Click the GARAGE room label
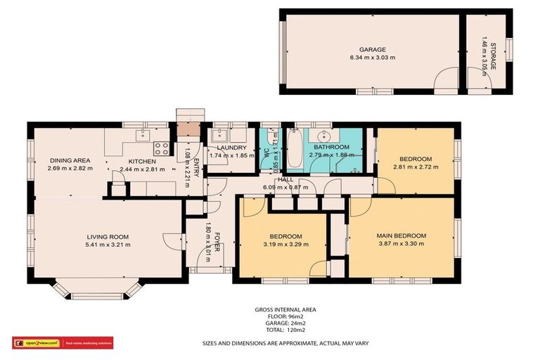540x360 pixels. [x=373, y=50]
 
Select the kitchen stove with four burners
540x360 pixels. [x=161, y=148]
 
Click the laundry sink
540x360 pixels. [x=221, y=135]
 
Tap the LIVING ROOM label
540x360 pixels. [x=108, y=237]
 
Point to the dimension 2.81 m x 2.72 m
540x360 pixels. [x=416, y=167]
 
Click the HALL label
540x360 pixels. [x=285, y=180]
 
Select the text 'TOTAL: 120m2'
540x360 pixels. [x=285, y=329]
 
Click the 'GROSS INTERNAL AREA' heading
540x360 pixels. [x=285, y=309]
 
